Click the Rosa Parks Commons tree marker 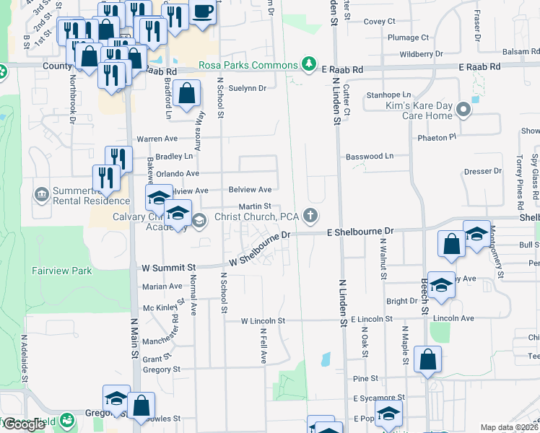coord(309,64)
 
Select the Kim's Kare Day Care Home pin coord(463,110)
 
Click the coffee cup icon coord(203,12)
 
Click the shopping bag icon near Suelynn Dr coord(187,94)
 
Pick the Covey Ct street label coord(380,22)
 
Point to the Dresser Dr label coord(483,172)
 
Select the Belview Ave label coord(251,190)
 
